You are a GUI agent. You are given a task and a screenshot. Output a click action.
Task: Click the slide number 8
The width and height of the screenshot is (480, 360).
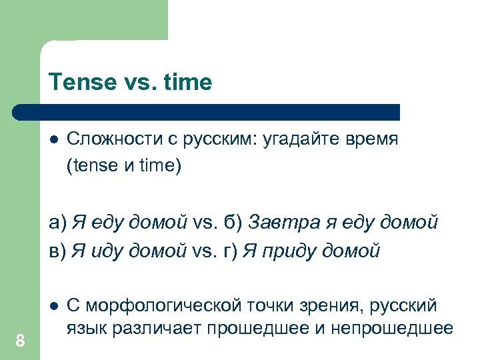[20, 341]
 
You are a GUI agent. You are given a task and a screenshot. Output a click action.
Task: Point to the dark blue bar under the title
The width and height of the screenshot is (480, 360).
[207, 111]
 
